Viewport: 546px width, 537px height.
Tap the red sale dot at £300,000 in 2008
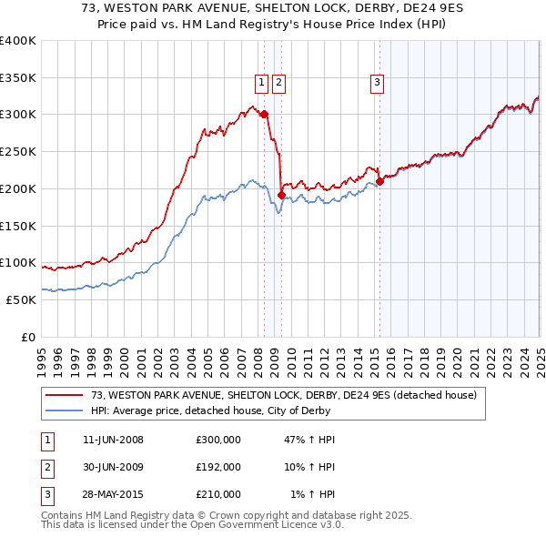[264, 115]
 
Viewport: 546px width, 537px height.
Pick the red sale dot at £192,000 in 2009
[282, 195]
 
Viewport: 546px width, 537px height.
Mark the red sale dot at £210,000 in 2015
[380, 181]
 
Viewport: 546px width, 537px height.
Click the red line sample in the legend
[66, 395]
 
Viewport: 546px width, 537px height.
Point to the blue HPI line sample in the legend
[66, 410]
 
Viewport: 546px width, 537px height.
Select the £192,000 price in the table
[218, 467]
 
